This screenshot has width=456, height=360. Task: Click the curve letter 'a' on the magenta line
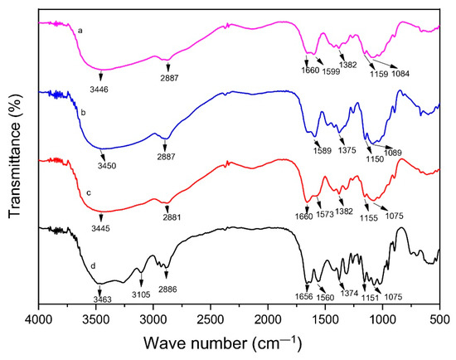click(x=80, y=30)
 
